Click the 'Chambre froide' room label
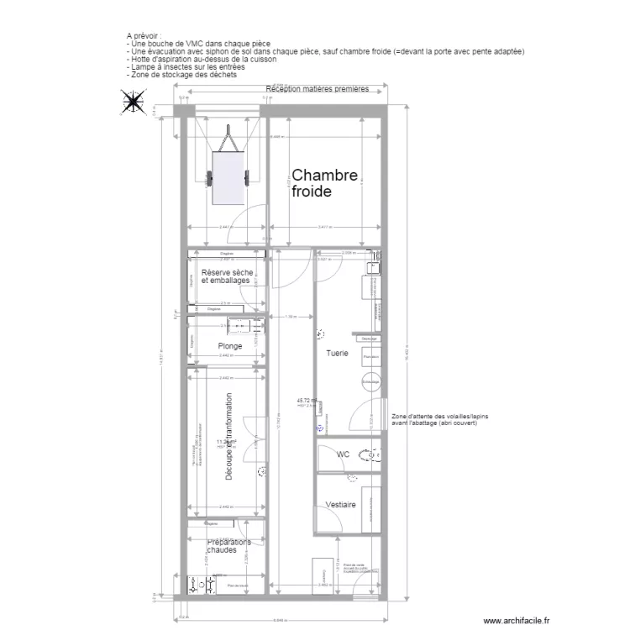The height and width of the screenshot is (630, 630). (x=324, y=183)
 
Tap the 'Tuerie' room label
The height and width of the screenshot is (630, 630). (x=337, y=354)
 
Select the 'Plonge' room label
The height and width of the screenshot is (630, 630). (x=229, y=346)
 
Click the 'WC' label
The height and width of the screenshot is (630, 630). (x=343, y=454)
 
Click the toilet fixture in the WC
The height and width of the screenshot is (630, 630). (x=369, y=456)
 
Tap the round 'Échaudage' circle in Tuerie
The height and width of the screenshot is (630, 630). (x=370, y=382)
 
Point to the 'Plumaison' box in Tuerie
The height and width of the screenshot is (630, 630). (x=370, y=357)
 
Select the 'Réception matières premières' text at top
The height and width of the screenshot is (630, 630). (x=317, y=89)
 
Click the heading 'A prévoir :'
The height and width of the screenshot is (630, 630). (x=144, y=37)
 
